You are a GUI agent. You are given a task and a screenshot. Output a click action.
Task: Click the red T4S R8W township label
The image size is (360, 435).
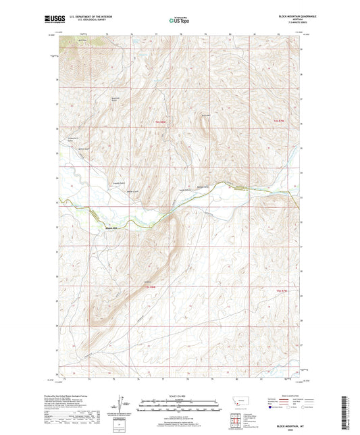pos(159,122)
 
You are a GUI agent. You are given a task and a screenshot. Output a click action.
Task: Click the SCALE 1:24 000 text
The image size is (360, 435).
pos(179,395)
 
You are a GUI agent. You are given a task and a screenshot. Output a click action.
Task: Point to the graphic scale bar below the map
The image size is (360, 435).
pos(179,407)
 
